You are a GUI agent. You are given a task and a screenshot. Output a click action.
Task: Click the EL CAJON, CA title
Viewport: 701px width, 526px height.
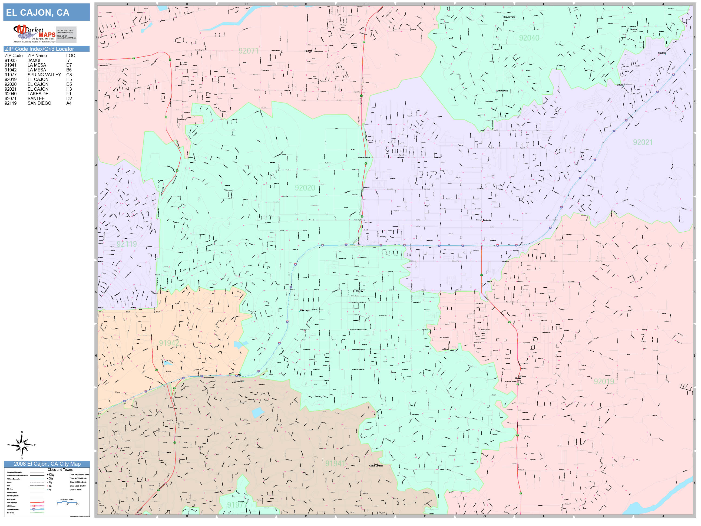[x=38, y=13]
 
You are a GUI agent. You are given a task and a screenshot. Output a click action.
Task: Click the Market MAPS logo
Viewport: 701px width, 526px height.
[x=34, y=34]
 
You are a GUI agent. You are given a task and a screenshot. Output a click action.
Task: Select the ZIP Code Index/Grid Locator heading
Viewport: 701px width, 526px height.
[x=39, y=49]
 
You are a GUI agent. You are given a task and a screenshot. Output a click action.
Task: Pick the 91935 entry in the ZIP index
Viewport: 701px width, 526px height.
[x=11, y=60]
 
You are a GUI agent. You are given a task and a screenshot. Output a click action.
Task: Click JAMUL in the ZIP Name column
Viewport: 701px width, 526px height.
[x=34, y=60]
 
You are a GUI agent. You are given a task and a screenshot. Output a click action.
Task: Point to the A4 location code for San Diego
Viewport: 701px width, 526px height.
[x=69, y=103]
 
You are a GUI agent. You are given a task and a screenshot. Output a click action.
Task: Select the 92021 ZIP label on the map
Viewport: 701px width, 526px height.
[x=643, y=142]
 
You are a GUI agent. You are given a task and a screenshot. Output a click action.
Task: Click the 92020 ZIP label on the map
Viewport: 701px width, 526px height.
[x=305, y=188]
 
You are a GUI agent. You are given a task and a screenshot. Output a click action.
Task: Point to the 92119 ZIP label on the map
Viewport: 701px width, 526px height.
[x=127, y=244]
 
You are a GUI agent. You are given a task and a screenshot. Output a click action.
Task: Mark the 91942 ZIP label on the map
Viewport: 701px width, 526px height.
[x=169, y=343]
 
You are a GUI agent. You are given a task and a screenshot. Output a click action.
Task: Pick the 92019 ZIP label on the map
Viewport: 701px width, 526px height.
[x=604, y=382]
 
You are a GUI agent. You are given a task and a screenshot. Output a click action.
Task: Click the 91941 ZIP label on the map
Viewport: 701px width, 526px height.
[x=335, y=463]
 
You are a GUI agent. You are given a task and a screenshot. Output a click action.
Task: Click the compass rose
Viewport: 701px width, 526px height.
[x=22, y=445]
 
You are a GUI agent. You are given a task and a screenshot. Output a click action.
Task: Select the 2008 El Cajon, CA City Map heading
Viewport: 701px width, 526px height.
[x=47, y=464]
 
